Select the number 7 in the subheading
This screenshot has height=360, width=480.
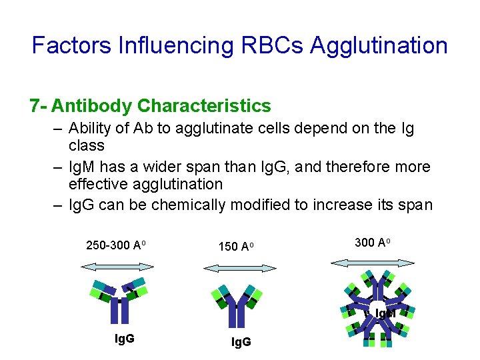point(35,106)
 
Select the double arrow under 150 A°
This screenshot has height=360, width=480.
point(239,268)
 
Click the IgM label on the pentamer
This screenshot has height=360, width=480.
point(385,313)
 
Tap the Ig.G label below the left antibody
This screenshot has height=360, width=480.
point(125,339)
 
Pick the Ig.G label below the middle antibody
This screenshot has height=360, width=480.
point(241,343)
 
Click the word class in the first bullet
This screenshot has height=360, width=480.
point(87,145)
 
